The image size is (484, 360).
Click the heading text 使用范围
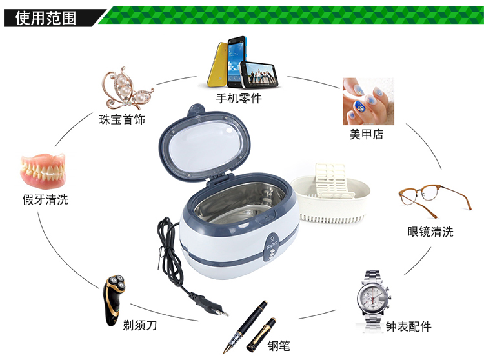pos(46,18)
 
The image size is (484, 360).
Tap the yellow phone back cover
pos(217,65)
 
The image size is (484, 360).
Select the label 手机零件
pos(239,99)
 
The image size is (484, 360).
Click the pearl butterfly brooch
pos(127,88)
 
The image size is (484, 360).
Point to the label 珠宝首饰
pos(122,120)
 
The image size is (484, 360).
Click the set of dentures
pos(43,170)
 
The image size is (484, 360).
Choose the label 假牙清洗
pos(45,199)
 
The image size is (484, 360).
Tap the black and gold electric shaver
pos(114,300)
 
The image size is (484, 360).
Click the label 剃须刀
pos(140,325)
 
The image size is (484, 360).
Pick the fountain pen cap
pos(261,335)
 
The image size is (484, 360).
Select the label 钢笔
pos(279,346)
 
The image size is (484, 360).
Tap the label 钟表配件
pos(408,326)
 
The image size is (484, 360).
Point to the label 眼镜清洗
pos(430,232)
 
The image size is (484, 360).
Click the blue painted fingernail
pos(359,107)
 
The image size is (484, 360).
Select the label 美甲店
pos(367,134)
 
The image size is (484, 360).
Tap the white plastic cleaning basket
pos(330,194)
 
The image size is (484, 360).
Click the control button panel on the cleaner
pos(272,248)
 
